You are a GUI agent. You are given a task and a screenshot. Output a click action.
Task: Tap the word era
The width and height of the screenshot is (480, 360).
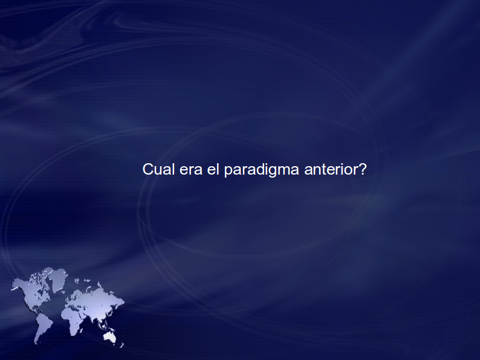coord(191,170)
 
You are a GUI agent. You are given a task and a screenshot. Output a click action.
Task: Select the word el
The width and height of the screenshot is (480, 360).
coord(213,169)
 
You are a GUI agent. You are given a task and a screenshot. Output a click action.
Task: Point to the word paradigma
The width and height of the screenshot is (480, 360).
coord(262,170)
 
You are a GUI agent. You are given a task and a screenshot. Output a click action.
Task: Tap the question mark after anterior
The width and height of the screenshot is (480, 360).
coord(362,169)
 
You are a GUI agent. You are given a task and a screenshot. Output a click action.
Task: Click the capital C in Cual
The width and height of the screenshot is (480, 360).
coord(148,169)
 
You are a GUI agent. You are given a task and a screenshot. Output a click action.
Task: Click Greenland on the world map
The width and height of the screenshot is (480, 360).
coord(58,279)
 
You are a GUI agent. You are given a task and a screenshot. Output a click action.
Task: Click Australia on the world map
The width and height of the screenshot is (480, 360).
coord(109,337)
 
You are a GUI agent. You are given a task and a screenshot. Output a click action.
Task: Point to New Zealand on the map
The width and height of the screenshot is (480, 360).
coord(122,345)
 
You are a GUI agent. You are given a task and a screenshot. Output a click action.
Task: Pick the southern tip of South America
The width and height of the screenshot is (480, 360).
coord(36,343)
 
